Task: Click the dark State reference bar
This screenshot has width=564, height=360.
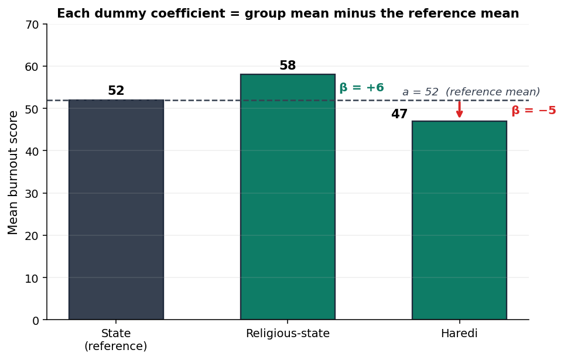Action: pos(116,210)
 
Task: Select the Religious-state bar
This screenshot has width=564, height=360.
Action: pos(288,197)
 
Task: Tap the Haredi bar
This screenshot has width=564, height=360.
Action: pos(459,220)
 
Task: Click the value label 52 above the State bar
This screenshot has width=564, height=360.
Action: pos(116,91)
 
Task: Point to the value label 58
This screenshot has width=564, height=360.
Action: pos(288,66)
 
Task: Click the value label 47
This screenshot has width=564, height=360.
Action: pos(399,114)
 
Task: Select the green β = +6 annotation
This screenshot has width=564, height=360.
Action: pos(361,87)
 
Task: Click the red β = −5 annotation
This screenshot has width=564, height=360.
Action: pos(534,111)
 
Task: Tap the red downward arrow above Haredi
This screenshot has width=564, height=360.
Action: pos(459,109)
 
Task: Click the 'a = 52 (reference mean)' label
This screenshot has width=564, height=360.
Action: pos(471,92)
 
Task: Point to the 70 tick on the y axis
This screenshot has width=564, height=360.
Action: pos(32,25)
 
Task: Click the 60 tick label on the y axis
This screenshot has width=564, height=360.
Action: pos(32,67)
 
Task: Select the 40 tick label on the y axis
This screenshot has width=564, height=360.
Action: pos(32,151)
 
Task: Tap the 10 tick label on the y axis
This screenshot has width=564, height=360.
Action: pos(32,278)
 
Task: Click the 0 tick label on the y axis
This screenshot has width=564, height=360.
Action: pos(35,320)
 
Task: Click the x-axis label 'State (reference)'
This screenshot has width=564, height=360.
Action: pos(116,340)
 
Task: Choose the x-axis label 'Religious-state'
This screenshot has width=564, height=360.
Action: pos(288,334)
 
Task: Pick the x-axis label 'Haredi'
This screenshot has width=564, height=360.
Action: pos(459,334)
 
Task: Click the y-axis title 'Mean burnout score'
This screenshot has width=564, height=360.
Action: pos(12,172)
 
